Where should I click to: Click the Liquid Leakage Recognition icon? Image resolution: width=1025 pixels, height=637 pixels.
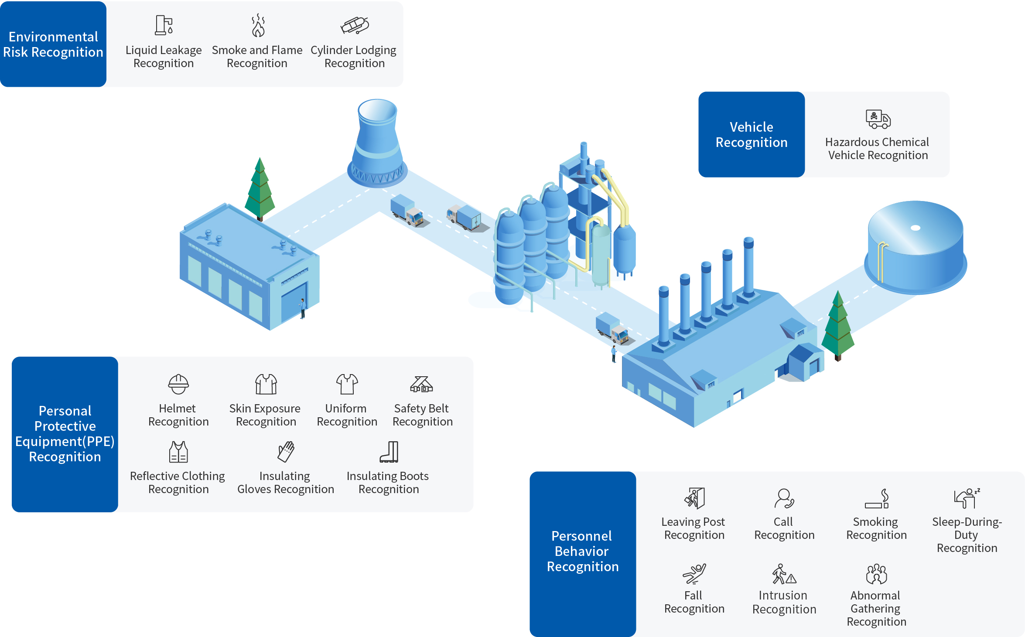click(x=164, y=25)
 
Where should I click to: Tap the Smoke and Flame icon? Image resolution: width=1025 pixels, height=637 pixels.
click(x=258, y=25)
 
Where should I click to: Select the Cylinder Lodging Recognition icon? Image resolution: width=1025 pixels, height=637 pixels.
click(x=355, y=25)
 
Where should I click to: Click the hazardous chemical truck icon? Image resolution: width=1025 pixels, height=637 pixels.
click(x=878, y=119)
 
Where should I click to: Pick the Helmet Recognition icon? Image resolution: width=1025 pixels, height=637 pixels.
click(x=178, y=384)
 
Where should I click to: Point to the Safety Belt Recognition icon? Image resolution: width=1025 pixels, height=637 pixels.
click(x=421, y=384)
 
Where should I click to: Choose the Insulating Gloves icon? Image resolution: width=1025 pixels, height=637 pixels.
click(x=286, y=452)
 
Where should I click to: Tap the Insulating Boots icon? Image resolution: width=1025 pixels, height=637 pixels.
click(x=389, y=452)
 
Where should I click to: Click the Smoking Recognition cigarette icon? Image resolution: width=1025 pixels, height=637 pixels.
click(x=877, y=499)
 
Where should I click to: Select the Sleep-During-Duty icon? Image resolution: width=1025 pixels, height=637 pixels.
click(x=967, y=498)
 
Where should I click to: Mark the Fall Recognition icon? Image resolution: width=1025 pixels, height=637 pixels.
click(x=694, y=574)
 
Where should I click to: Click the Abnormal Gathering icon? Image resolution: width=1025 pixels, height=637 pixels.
click(x=876, y=574)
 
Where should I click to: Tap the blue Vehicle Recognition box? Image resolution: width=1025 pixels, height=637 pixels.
click(x=752, y=134)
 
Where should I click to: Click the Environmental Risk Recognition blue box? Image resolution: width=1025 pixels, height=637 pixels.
click(x=53, y=44)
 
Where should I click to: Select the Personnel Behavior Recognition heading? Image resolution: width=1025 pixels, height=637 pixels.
click(x=583, y=551)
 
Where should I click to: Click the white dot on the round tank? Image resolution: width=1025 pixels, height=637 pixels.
click(x=916, y=228)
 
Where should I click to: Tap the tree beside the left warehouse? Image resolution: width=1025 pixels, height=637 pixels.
click(x=260, y=190)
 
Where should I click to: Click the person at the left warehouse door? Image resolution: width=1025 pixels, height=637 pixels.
click(x=302, y=308)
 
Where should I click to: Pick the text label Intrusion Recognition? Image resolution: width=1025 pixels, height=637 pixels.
click(x=784, y=602)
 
